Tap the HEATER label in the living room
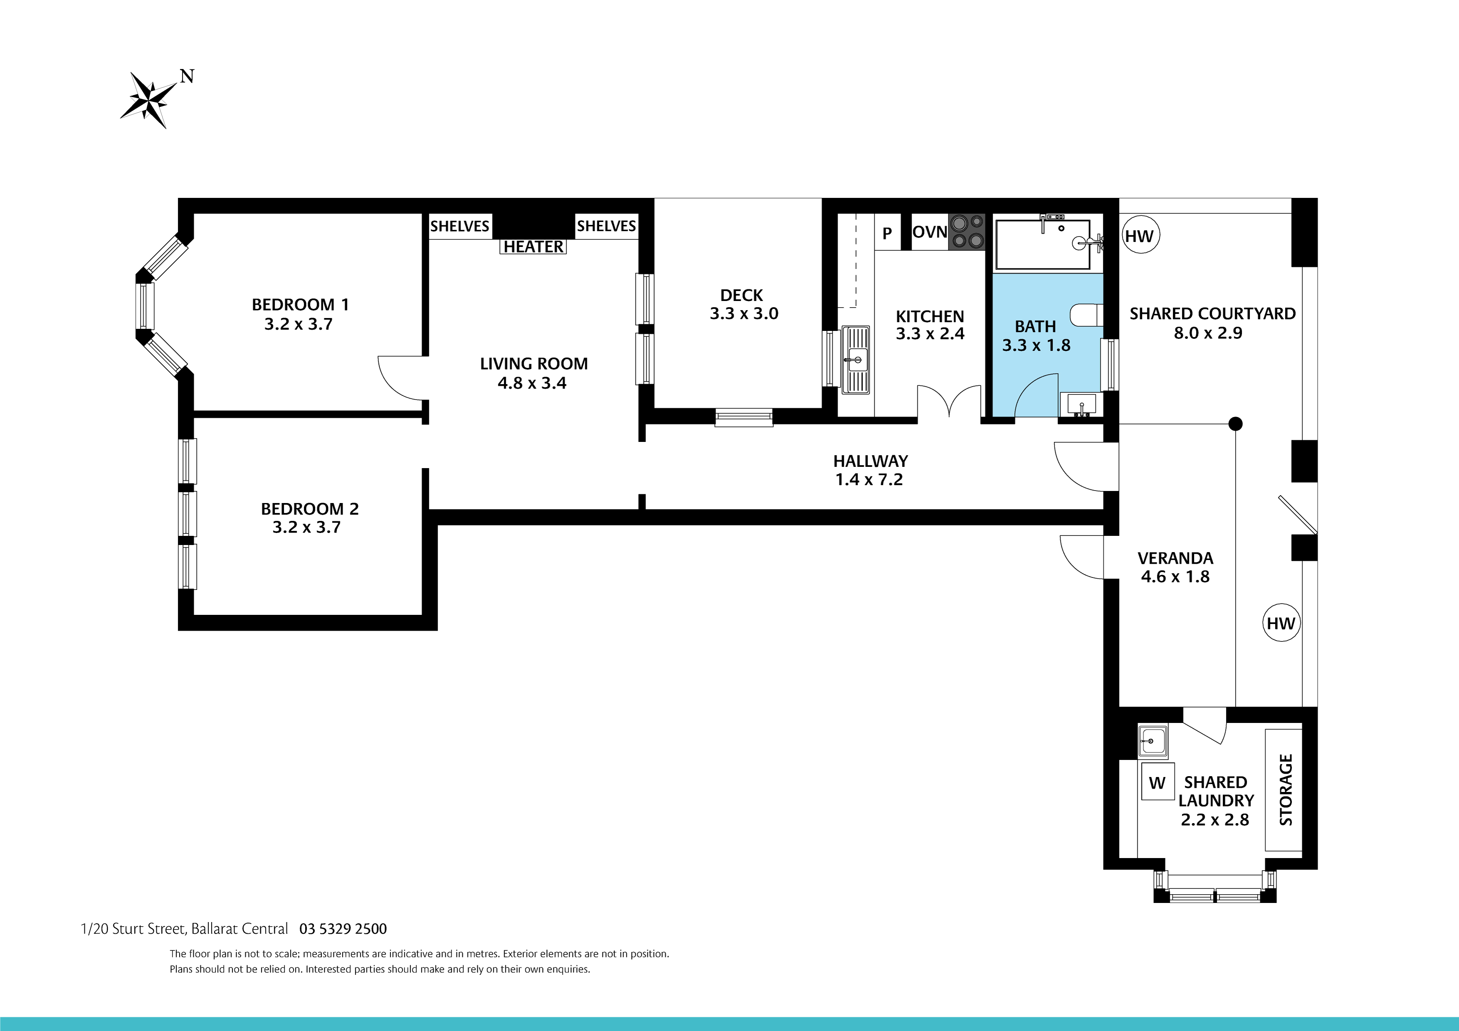click(533, 247)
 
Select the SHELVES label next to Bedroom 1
click(460, 226)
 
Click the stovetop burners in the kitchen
click(967, 232)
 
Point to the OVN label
click(929, 232)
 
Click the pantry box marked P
click(887, 233)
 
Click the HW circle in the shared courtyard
click(1139, 236)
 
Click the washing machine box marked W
click(1157, 783)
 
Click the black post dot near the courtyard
click(1235, 423)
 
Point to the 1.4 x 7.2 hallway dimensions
click(869, 480)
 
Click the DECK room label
click(742, 296)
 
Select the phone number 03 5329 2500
click(343, 929)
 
